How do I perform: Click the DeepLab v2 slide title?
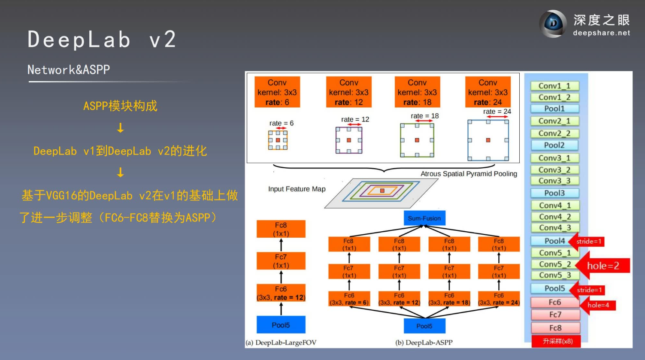point(102,39)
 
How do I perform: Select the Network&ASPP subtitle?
point(69,70)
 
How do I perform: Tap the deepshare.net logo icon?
point(553,24)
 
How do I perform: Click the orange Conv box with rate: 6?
point(277,92)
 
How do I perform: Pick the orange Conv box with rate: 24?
point(488,92)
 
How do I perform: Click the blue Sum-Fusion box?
point(424,218)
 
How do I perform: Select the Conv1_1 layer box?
point(554,86)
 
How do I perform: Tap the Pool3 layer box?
point(554,193)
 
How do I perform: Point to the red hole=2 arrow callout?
point(603,266)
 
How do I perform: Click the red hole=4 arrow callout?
point(598,305)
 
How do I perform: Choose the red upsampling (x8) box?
point(557,341)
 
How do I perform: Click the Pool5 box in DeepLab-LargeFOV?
point(281,325)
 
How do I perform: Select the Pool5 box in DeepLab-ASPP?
point(424,326)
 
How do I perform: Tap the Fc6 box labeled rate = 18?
point(449,299)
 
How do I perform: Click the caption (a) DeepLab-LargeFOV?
point(281,342)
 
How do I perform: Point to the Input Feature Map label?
point(297,189)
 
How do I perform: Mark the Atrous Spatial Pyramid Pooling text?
point(469,174)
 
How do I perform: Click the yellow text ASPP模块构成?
point(120,106)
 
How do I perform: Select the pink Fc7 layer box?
point(555,315)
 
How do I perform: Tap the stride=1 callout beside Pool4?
point(588,242)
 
